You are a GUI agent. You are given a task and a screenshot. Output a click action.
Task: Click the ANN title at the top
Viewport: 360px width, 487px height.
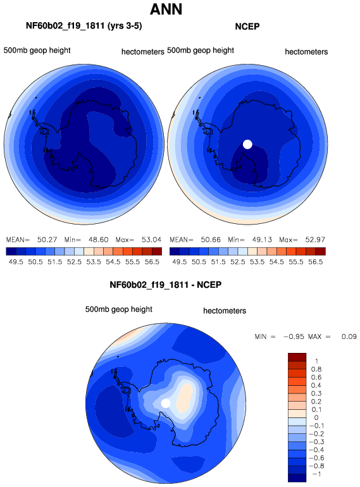166,9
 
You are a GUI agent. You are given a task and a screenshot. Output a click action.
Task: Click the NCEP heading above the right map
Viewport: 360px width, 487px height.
247,27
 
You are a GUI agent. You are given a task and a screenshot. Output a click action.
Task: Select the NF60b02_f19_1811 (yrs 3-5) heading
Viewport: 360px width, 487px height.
84,25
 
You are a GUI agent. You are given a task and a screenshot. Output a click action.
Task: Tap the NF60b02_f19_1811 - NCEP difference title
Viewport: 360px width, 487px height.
166,285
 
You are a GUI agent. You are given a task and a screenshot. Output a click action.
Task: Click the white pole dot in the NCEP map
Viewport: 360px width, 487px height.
247,144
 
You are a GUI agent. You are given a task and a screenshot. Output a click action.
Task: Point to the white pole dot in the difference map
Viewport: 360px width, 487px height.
166,403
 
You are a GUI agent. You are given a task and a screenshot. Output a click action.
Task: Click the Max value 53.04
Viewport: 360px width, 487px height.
152,240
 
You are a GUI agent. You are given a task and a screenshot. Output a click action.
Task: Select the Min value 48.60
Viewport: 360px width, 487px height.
99,240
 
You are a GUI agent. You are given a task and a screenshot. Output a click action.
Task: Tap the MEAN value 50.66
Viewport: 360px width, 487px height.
211,240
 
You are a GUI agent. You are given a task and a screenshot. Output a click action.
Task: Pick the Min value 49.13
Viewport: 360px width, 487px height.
262,240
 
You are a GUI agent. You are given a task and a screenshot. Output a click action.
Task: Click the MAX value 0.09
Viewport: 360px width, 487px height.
349,336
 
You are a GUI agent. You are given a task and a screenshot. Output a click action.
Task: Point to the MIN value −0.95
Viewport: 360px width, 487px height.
294,336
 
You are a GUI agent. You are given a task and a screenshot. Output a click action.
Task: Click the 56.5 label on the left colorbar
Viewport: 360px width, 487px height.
152,262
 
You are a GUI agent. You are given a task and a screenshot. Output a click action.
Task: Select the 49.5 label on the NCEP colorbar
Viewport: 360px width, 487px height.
180,262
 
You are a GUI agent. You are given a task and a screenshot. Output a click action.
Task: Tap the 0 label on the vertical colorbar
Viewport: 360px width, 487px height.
316,417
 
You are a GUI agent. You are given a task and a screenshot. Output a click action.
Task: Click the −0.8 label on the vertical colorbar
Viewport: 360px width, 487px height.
316,466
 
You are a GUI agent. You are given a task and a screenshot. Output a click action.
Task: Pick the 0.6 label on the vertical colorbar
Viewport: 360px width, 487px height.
316,378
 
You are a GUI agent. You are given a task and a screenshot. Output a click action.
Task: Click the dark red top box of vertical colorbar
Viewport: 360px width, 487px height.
297,357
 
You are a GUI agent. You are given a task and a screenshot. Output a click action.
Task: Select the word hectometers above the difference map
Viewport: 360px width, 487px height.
225,311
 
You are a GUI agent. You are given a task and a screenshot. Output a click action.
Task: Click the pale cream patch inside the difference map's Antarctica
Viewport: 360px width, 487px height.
185,399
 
